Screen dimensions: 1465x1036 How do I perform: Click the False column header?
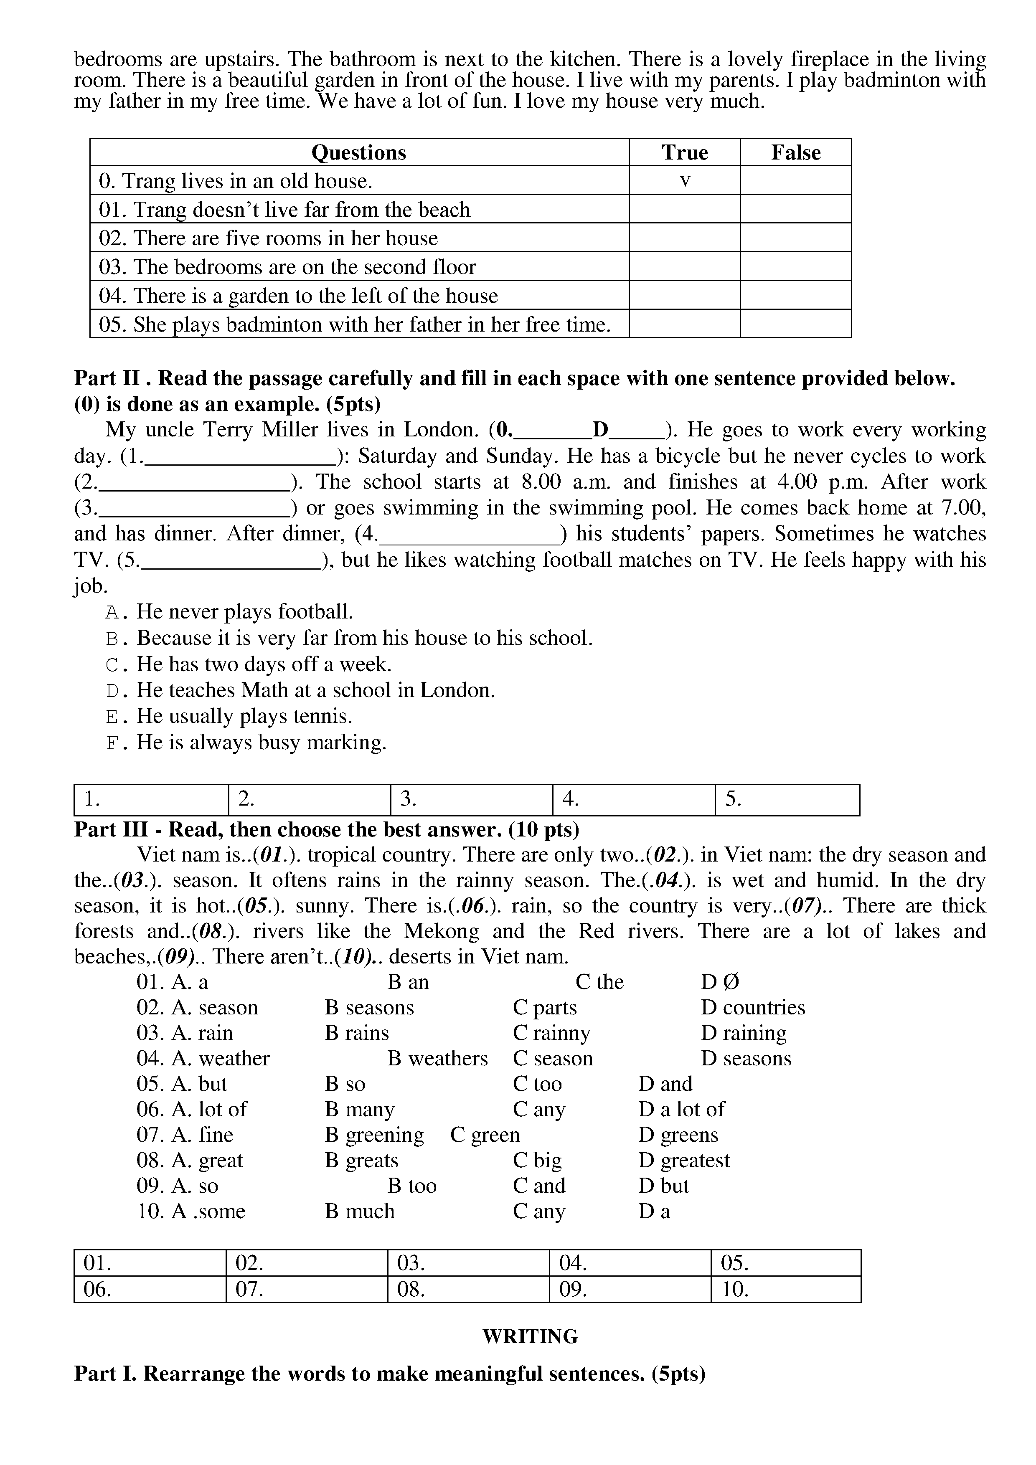795,152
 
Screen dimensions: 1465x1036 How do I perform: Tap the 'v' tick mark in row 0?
685,181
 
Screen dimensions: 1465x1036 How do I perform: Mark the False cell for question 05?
795,324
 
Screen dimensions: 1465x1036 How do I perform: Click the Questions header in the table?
359,152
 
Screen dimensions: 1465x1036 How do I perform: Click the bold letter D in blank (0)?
600,429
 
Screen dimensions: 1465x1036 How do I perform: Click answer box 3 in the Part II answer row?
471,799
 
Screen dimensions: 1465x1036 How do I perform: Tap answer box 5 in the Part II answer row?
787,799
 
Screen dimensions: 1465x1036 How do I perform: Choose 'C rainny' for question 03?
551,1032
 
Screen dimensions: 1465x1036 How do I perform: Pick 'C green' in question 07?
485,1135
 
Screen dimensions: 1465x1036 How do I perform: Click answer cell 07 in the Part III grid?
306,1290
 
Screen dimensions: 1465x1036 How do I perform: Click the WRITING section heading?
530,1336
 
